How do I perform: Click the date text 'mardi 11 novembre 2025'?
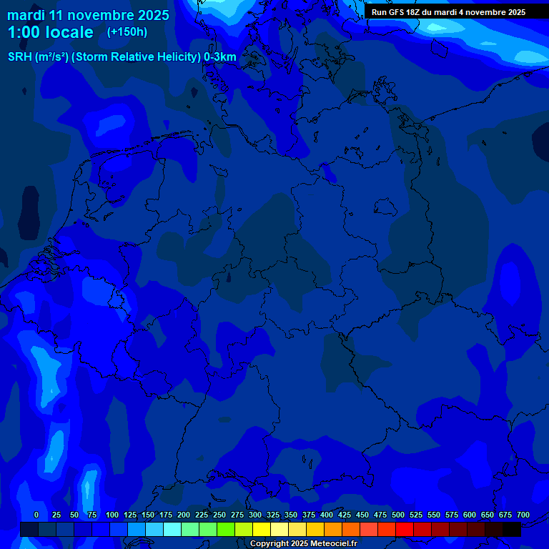88,15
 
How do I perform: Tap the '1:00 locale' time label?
50,32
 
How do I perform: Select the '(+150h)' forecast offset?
127,32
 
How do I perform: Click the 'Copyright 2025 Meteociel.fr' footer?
303,544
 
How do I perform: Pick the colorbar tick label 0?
36,515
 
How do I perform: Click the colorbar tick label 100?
112,515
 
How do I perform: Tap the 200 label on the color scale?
184,515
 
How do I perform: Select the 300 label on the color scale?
255,515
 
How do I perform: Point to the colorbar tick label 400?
327,515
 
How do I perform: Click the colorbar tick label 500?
398,515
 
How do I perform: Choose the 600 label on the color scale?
470,515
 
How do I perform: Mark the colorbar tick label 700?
523,515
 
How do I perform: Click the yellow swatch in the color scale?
262,530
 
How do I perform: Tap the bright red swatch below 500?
405,530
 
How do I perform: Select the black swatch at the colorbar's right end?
512,530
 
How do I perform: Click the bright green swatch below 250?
208,530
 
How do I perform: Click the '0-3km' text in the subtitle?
220,57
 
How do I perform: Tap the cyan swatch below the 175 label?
172,530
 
